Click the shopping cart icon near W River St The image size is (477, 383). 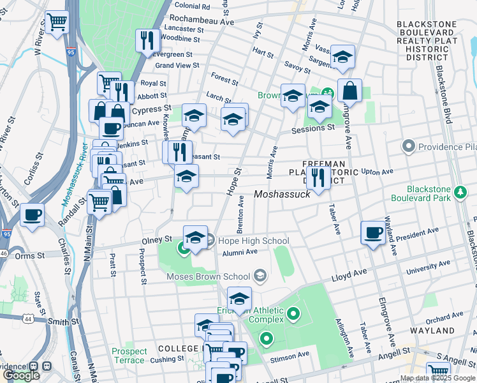[57, 22]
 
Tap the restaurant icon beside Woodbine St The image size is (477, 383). [147, 40]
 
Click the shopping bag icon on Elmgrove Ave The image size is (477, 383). [349, 91]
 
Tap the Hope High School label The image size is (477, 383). [253, 241]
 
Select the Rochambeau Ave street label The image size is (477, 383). [203, 19]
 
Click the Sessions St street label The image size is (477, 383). [313, 128]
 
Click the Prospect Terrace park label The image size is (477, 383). [129, 356]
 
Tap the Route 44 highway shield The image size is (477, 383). [29, 317]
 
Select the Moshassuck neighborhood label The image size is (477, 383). [282, 194]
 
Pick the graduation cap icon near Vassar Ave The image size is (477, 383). [342, 58]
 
